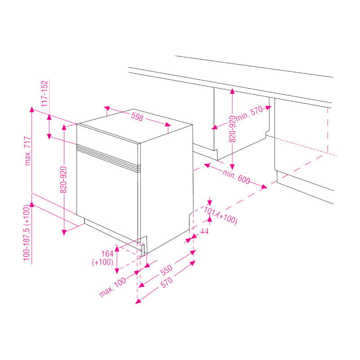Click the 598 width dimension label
(137, 117)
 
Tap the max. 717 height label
(28, 150)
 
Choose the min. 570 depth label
(248, 115)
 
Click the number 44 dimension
(204, 231)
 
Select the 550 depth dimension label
(166, 270)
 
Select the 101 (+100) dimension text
(220, 215)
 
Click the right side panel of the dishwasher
(166, 189)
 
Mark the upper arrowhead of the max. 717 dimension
(31, 109)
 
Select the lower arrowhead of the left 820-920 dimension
(64, 232)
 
